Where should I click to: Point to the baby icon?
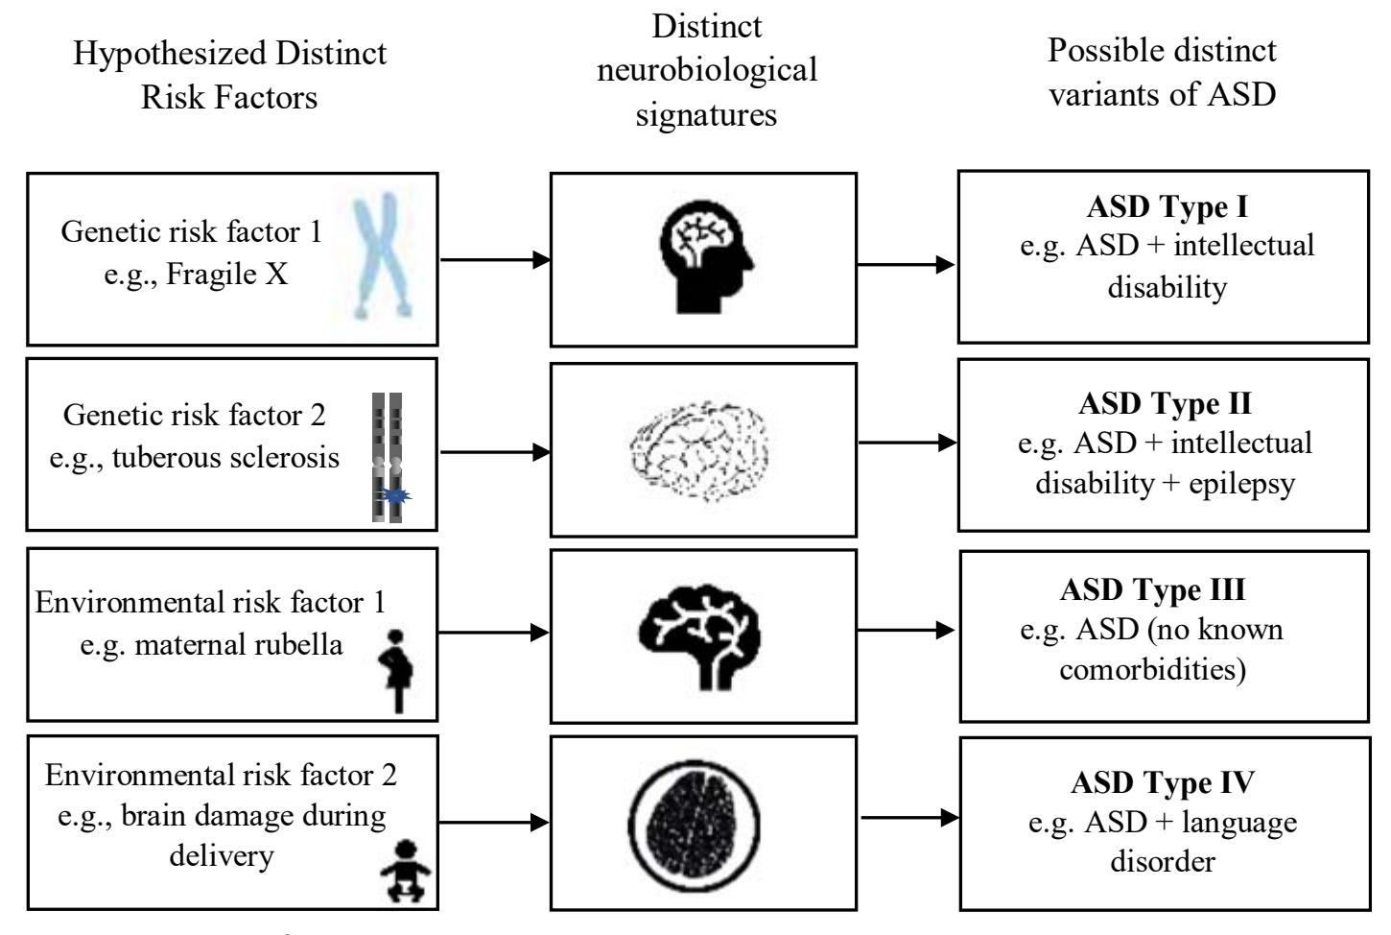(405, 872)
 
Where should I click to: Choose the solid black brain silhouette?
(703, 634)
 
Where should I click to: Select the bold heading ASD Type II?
(1165, 402)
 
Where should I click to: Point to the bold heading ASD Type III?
(1152, 589)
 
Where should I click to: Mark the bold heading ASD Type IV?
(1162, 783)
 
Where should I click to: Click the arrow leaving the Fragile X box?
(494, 259)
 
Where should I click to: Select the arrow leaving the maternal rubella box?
(494, 632)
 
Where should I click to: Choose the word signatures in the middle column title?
(706, 114)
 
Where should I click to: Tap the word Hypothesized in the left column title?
(159, 53)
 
